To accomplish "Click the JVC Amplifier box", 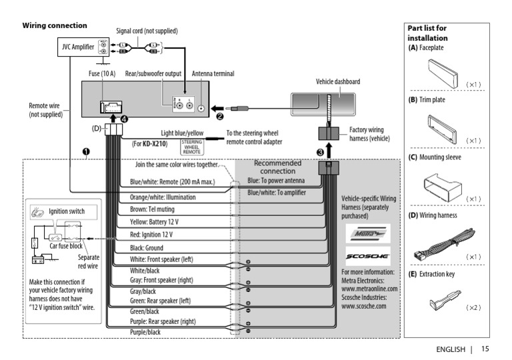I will [x=78, y=47].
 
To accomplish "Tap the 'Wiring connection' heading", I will [x=55, y=25].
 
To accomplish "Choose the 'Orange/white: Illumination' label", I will [x=165, y=197].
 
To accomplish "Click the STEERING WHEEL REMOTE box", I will [x=191, y=147].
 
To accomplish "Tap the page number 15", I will [x=484, y=349].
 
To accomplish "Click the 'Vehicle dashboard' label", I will [x=337, y=81].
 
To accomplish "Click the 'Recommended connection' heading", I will [x=277, y=167].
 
